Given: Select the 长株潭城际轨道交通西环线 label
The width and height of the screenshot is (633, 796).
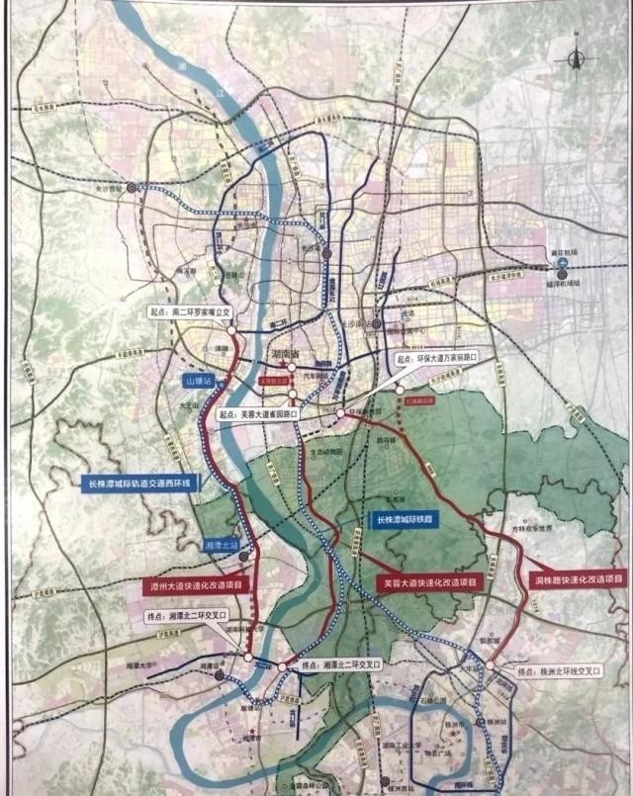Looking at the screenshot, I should click(x=139, y=484).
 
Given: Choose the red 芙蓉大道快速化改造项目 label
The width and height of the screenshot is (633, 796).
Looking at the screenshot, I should click(x=430, y=584).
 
